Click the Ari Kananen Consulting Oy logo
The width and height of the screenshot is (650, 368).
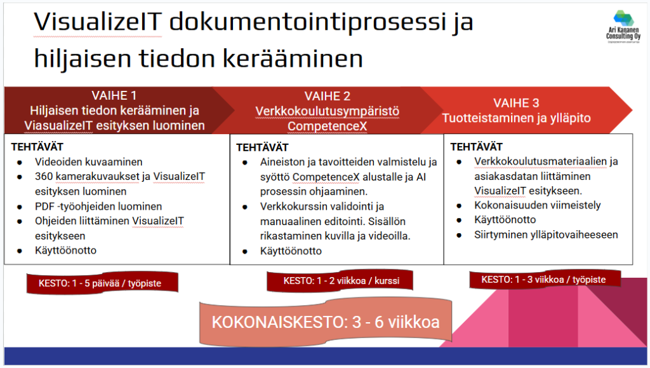[623, 27]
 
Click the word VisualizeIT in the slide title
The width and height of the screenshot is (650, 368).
[97, 22]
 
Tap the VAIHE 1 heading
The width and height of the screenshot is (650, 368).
[114, 95]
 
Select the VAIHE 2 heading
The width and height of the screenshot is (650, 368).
[327, 96]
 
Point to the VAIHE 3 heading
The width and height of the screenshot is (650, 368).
[516, 103]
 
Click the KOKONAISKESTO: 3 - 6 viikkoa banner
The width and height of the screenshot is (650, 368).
[326, 322]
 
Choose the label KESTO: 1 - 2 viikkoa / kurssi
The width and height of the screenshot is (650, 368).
[340, 281]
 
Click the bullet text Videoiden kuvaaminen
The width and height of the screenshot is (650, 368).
[89, 162]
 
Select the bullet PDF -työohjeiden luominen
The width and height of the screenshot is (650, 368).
[98, 206]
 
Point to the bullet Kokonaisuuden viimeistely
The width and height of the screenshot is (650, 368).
[537, 205]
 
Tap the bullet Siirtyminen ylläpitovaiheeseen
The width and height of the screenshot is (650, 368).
[546, 235]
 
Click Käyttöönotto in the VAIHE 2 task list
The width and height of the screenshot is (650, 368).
[291, 251]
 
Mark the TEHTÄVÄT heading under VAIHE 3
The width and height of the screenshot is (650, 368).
[476, 147]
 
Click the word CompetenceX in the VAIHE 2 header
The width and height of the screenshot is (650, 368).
[327, 126]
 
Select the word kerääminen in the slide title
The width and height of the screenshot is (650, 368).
[293, 58]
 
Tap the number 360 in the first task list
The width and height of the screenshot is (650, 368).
[44, 176]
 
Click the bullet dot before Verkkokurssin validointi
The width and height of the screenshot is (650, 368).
[245, 207]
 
